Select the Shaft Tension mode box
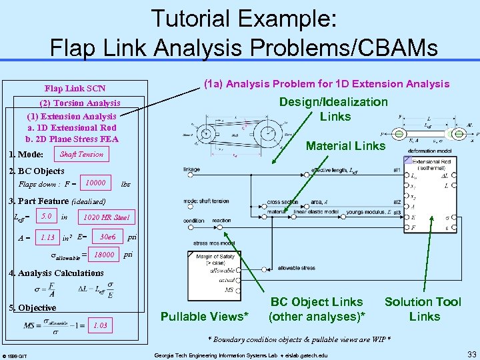pos(81,155)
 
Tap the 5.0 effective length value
pos(46,217)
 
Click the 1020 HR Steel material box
pos(106,217)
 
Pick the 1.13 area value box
pos(47,237)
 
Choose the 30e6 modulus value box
pos(107,236)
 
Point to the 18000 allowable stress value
pos(103,255)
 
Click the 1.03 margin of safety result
pos(100,325)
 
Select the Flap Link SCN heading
pos(75,88)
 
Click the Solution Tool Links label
pos(423,309)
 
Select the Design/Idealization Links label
pos(333,109)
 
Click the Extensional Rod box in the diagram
pos(434,165)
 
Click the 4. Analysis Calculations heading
pos(55,273)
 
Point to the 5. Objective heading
pos(31,308)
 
